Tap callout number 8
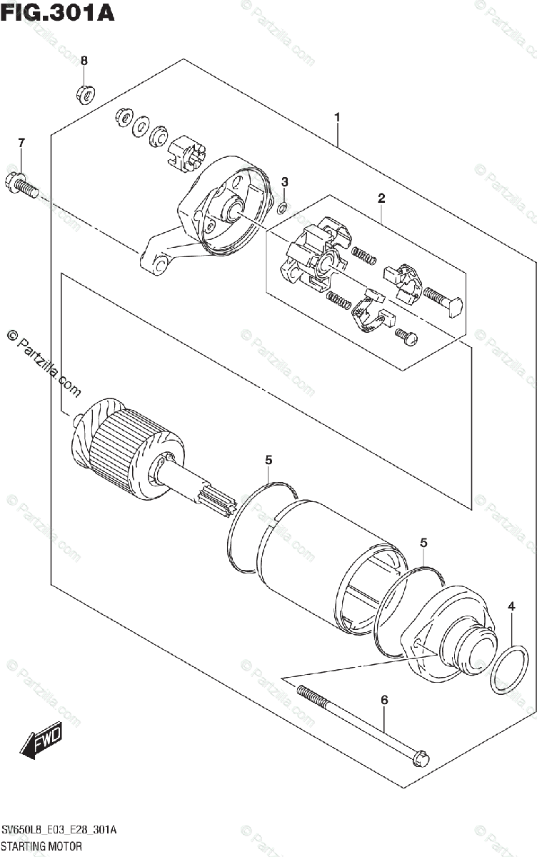84,61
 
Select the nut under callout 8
86,94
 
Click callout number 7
21,143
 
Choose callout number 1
337,117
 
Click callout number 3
284,182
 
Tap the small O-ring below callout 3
282,208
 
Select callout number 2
381,199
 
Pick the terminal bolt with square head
443,301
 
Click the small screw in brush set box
406,336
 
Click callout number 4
511,606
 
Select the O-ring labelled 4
509,670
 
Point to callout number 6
384,700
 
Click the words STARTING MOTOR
41,845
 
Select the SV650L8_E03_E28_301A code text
59,830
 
